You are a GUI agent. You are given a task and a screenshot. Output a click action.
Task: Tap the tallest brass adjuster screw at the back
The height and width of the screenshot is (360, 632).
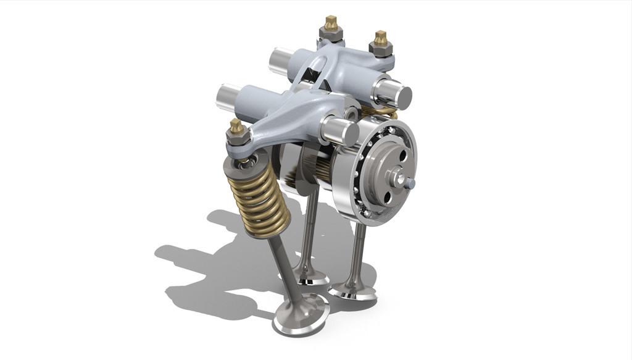[330, 25]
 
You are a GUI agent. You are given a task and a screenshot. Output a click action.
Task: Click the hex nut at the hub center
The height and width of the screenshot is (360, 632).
[397, 178]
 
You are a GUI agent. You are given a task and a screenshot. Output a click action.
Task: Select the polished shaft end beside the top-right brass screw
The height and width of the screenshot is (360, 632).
[399, 96]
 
